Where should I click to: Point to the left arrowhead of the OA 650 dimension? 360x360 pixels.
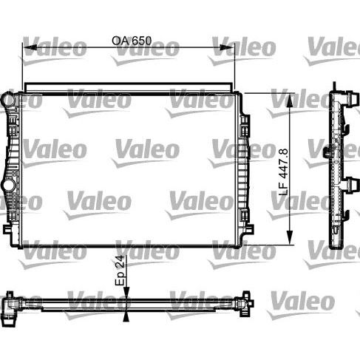click(26, 50)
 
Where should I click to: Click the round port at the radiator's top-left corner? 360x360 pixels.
click(8, 98)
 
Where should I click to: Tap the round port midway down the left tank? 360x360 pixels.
click(8, 185)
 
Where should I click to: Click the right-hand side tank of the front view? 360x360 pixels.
click(244, 166)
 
